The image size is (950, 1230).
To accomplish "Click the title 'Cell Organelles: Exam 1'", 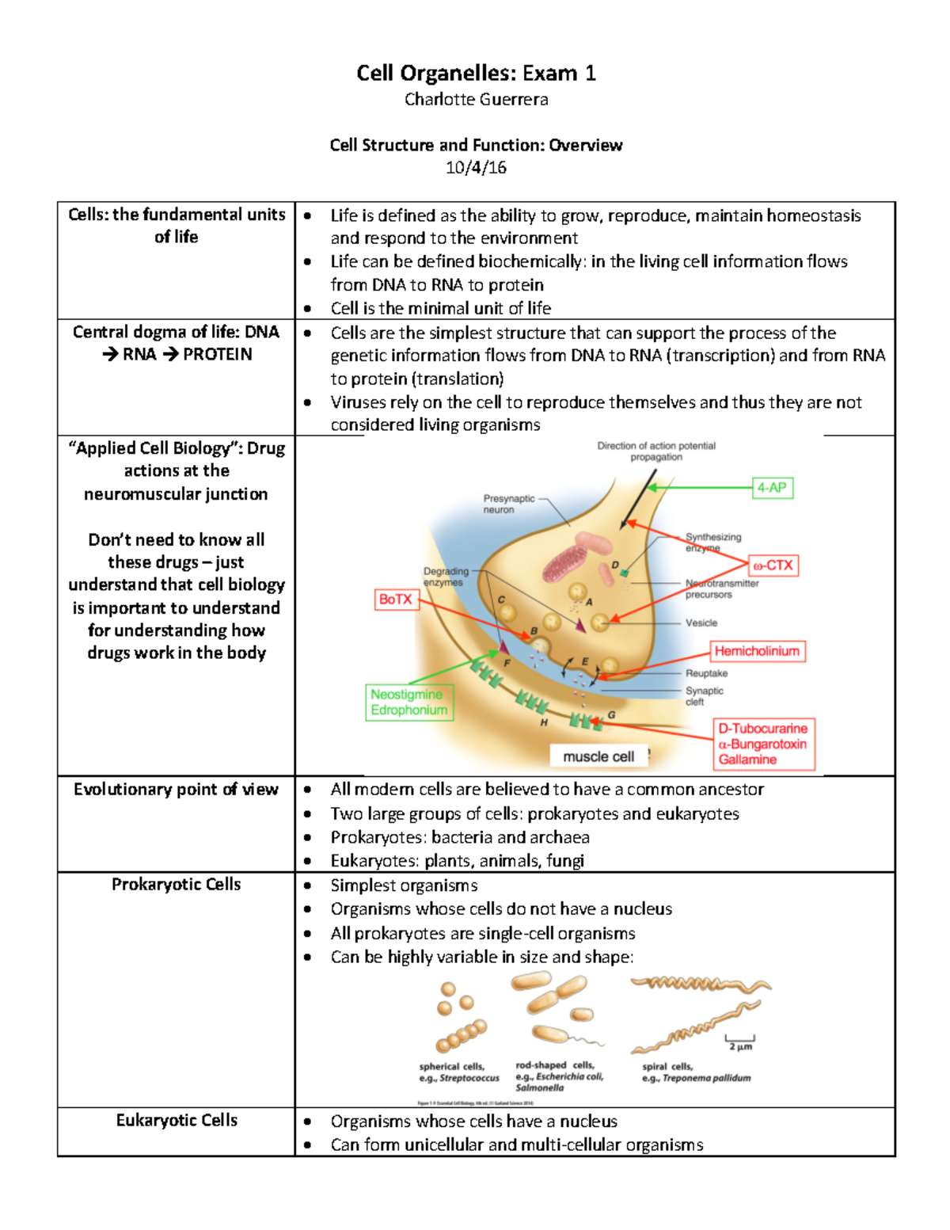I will (x=476, y=74).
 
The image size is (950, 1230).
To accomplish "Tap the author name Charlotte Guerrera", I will (x=476, y=100).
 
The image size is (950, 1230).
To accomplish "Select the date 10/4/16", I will (x=476, y=167).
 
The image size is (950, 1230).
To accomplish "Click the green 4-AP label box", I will (x=772, y=488).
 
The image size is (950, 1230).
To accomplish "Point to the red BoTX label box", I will (x=395, y=600).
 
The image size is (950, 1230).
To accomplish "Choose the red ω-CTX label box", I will (x=773, y=565).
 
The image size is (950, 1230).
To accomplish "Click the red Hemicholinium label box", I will (x=757, y=651).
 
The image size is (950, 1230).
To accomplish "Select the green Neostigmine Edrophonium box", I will (x=409, y=703).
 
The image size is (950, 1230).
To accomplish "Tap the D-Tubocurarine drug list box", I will (x=763, y=744).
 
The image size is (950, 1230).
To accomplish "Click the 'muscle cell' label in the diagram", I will (x=598, y=756).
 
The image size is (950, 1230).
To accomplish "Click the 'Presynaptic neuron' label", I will (x=508, y=504).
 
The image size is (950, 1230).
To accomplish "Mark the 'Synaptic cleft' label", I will (x=704, y=695).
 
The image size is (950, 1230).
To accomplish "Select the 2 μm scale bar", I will (x=740, y=1042).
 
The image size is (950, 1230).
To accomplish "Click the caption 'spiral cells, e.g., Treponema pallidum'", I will (x=696, y=1072).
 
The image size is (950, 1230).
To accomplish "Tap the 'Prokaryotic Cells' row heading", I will (x=176, y=885).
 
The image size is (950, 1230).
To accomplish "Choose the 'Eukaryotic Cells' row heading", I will (x=177, y=1120).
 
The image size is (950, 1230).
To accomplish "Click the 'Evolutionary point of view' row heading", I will (x=176, y=790).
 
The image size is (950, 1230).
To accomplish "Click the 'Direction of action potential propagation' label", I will (x=656, y=451).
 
